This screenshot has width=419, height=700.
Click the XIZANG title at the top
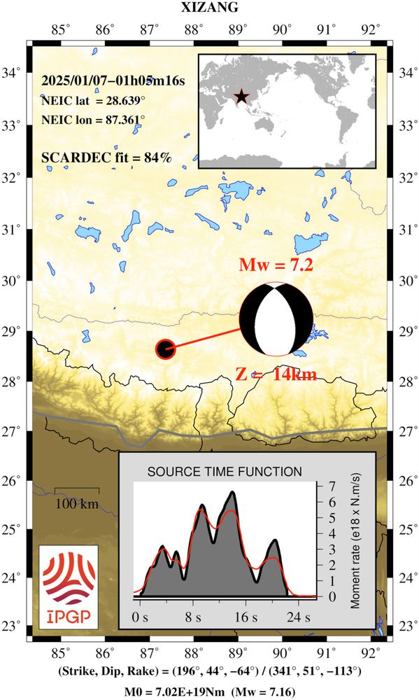point(209,8)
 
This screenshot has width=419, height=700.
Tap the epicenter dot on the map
point(165,349)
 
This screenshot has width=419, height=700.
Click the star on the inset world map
point(241,97)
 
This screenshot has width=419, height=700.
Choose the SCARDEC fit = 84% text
point(106,157)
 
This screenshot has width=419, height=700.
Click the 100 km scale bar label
point(77,504)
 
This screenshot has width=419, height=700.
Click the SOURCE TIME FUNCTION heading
point(224,472)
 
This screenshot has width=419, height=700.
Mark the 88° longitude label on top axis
point(194,29)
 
